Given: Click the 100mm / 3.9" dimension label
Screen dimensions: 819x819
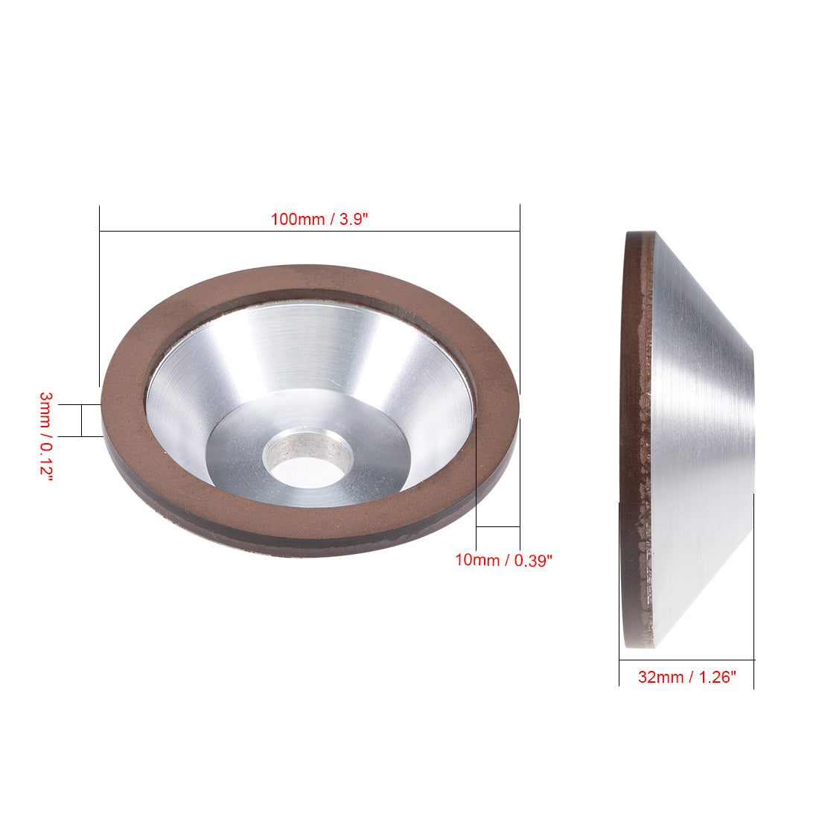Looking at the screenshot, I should [x=319, y=220].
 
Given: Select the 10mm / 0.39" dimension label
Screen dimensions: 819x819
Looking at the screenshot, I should [x=503, y=560].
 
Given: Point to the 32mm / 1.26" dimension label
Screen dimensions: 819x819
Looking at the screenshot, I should [x=686, y=678].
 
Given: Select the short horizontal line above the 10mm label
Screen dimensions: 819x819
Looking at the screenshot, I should [x=497, y=527].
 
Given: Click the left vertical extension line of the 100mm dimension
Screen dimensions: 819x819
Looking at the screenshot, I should [x=100, y=298].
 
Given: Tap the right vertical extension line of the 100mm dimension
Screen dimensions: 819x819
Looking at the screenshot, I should [x=520, y=298].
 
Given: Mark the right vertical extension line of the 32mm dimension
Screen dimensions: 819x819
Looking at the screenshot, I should [x=753, y=596].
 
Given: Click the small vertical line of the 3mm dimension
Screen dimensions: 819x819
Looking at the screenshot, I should [x=81, y=421].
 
